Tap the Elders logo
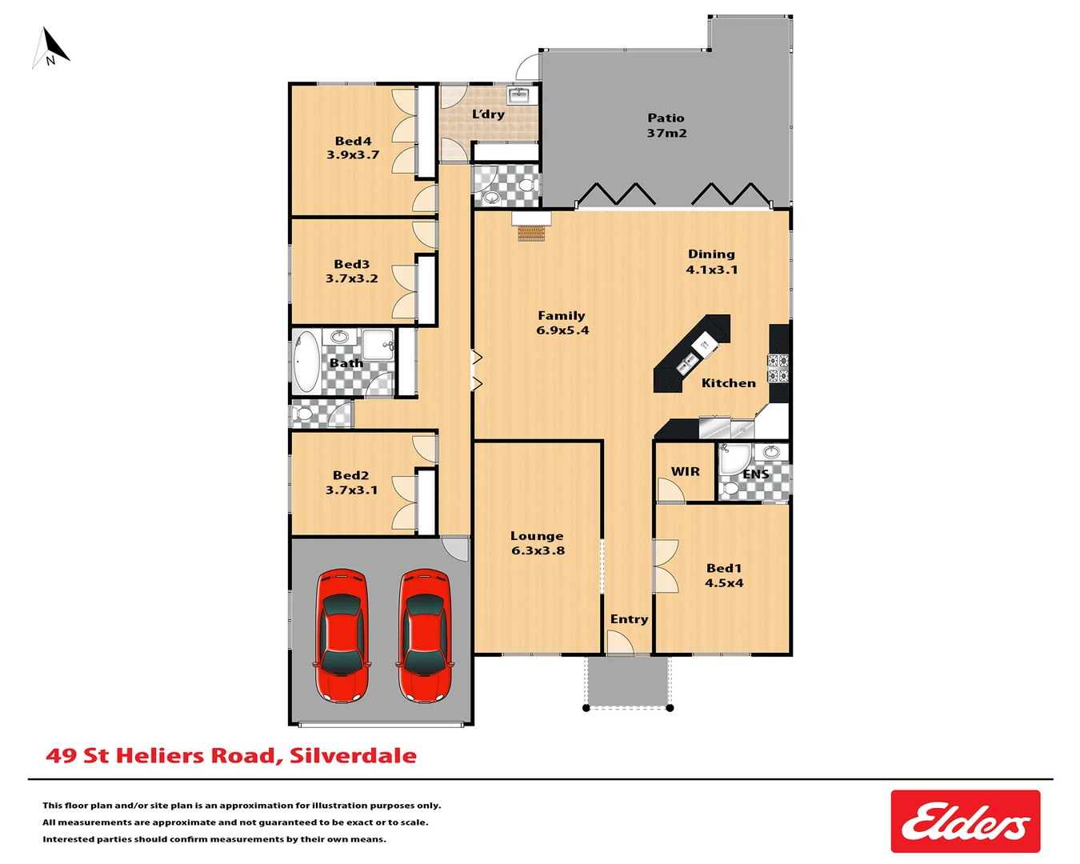click(965, 822)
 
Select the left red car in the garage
click(342, 635)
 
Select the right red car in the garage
click(425, 635)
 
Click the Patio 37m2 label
click(666, 126)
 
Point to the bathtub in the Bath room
click(306, 362)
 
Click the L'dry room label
click(488, 114)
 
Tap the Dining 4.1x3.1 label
click(711, 262)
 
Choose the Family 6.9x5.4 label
click(562, 322)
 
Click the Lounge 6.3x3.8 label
click(538, 543)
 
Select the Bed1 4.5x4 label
click(723, 575)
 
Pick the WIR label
click(685, 471)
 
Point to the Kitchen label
click(728, 383)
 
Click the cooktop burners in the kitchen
click(778, 368)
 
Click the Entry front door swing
click(618, 643)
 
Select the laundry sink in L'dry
click(521, 96)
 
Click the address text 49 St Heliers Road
click(231, 756)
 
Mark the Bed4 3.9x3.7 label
click(353, 148)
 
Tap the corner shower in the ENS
click(733, 459)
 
